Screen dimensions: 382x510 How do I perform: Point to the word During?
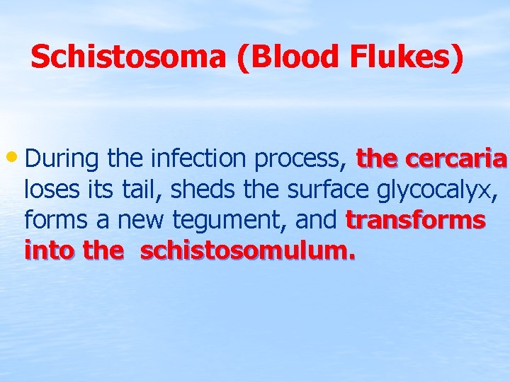[62, 160]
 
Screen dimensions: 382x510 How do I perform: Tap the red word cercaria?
[456, 159]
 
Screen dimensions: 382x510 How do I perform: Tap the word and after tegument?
[315, 220]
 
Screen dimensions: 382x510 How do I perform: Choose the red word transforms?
[416, 220]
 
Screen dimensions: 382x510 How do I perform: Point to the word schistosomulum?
[247, 250]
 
